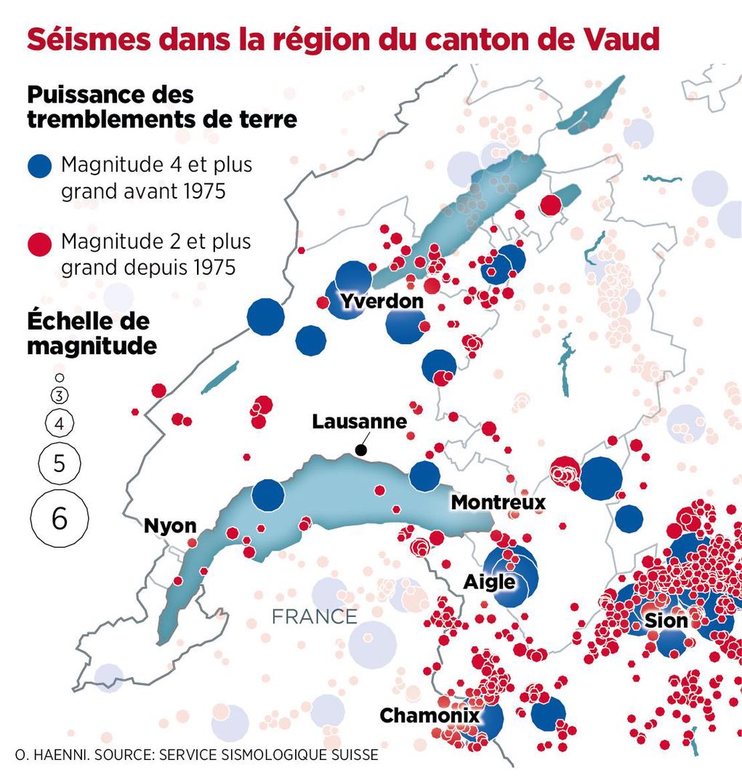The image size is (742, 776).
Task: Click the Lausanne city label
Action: click(359, 422)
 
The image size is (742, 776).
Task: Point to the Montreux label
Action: click(498, 503)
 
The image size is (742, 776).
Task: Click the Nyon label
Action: click(170, 526)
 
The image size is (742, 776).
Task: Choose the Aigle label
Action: click(490, 582)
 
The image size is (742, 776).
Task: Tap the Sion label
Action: click(666, 620)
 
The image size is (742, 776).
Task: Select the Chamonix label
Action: click(430, 716)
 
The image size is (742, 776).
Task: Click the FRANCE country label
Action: click(314, 617)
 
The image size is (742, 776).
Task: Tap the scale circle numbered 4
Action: click(60, 423)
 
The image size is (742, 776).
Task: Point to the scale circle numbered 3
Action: click(60, 396)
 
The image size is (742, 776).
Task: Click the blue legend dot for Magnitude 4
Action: click(40, 167)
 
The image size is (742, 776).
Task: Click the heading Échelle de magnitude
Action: click(92, 333)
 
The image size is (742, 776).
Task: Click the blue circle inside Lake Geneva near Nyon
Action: click(268, 495)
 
